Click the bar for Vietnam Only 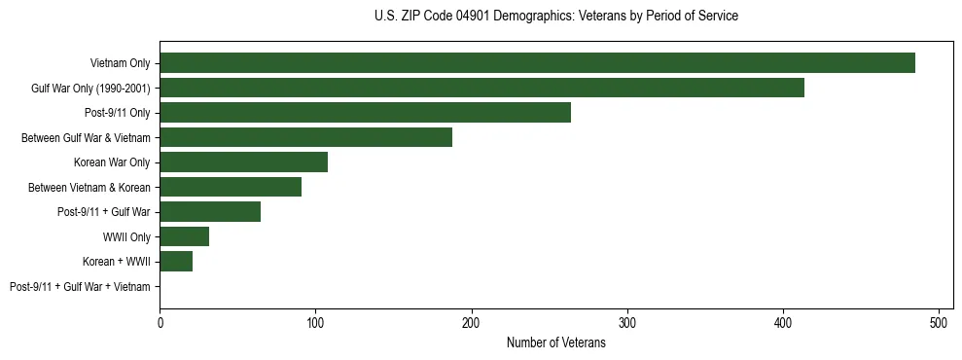[x=537, y=63]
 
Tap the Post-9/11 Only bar [x=365, y=113]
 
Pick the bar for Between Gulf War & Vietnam [x=305, y=137]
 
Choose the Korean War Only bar [x=243, y=162]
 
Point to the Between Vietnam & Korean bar [x=231, y=187]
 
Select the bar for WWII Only [x=184, y=236]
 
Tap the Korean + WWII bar [x=176, y=261]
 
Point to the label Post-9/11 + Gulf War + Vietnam [x=80, y=286]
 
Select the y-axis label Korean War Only [x=112, y=162]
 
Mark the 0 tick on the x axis [x=160, y=320]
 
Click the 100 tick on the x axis [x=315, y=320]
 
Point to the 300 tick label [x=627, y=320]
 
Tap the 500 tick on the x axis [x=939, y=320]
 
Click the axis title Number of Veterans [x=555, y=342]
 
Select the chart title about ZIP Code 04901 [x=555, y=17]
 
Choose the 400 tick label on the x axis [x=783, y=320]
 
